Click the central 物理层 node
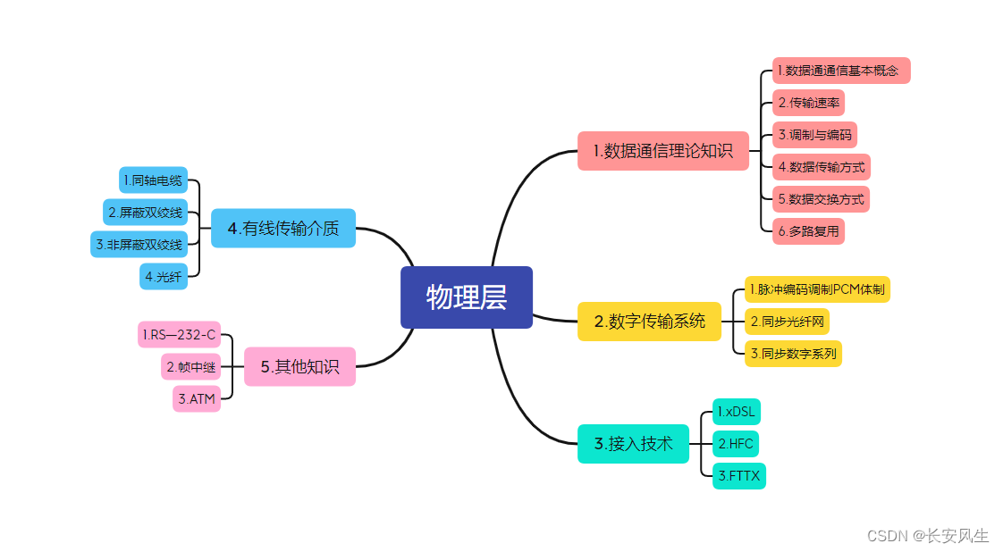coord(467,297)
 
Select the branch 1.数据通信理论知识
coord(663,151)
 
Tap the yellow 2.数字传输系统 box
coord(649,322)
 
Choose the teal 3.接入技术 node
coord(633,443)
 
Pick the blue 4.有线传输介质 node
coord(283,229)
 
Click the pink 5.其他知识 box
coord(299,366)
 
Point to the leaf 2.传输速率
coord(808,103)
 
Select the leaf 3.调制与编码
coord(814,135)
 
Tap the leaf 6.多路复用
coord(808,231)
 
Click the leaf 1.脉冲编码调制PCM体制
coord(817,289)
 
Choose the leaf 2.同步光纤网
coord(787,322)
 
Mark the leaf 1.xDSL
coord(737,412)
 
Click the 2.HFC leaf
coord(736,444)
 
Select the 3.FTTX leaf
coord(739,476)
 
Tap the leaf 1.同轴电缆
coord(153,180)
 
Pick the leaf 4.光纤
coord(164,277)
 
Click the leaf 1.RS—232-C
coord(179,335)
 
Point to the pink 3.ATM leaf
coord(197,399)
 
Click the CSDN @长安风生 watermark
coord(928,536)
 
